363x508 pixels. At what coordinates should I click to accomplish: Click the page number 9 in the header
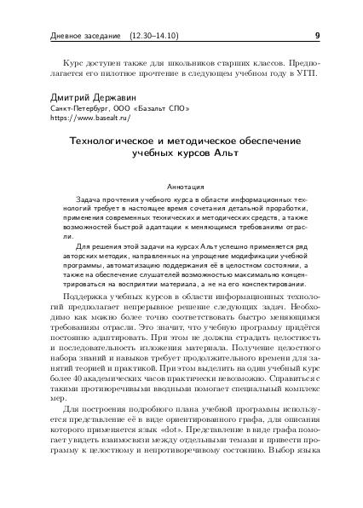tap(317, 36)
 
